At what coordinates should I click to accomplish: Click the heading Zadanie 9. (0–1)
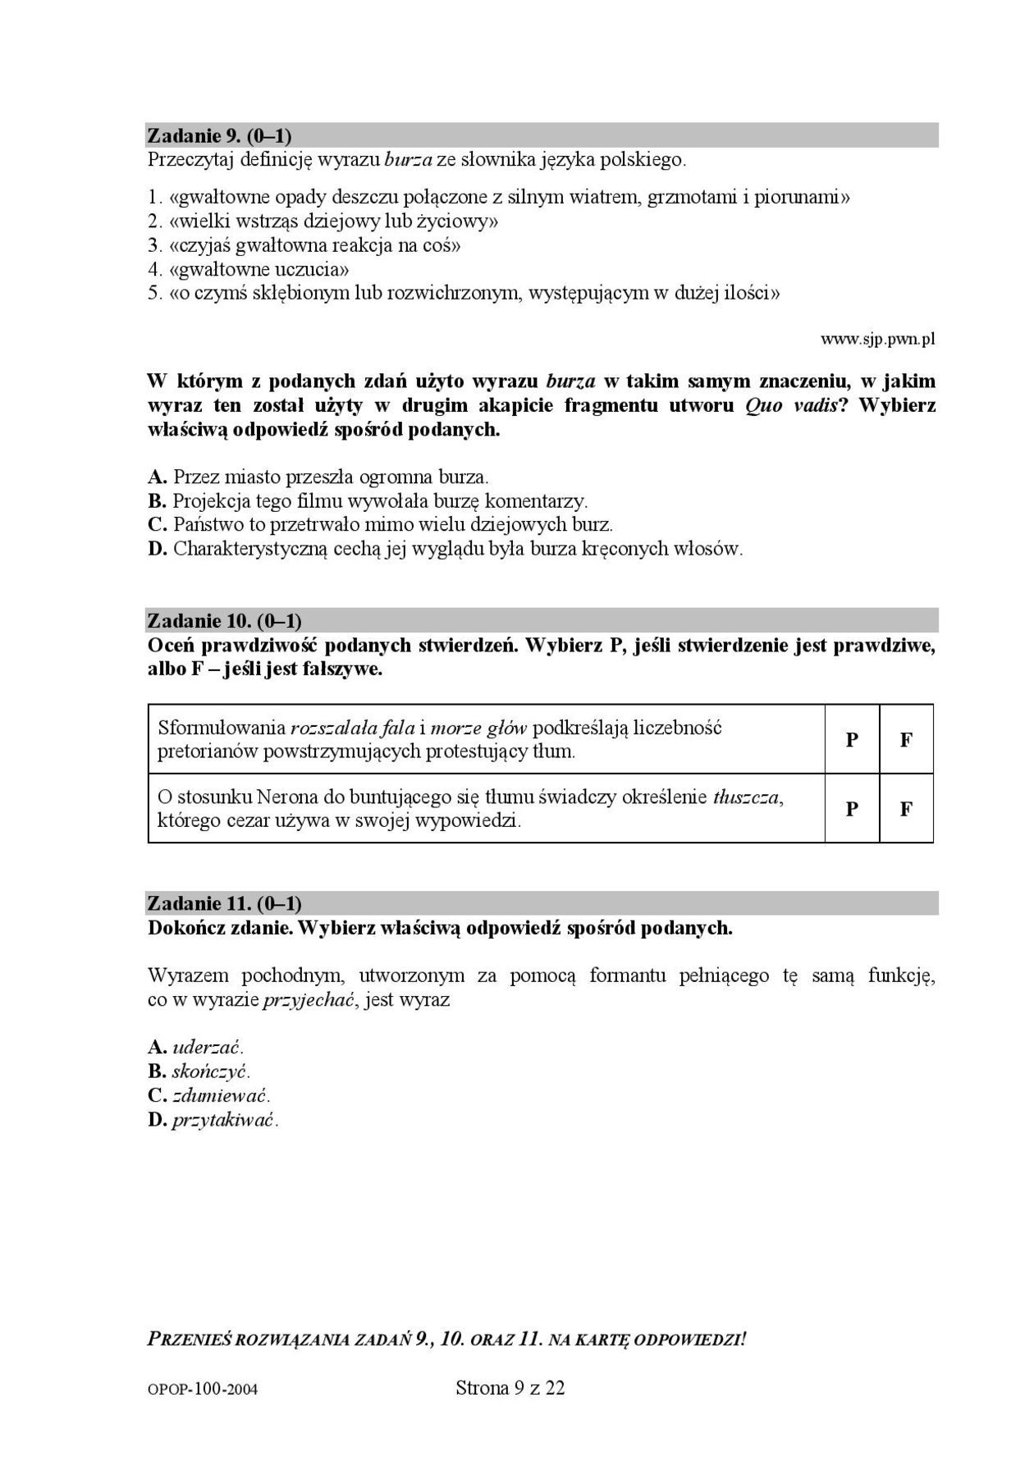[x=219, y=135]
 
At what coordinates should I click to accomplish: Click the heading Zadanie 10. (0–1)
[x=224, y=620]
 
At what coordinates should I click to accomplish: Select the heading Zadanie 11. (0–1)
[x=224, y=903]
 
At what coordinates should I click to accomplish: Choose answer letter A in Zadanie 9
[x=157, y=477]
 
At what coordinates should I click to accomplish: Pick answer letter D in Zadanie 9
[x=157, y=549]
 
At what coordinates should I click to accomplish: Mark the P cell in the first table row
[x=852, y=739]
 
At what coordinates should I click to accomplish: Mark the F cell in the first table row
[x=906, y=739]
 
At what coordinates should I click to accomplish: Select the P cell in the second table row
[x=852, y=809]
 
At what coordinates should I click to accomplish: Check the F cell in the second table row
[x=906, y=809]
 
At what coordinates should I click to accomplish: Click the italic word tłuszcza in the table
[x=747, y=797]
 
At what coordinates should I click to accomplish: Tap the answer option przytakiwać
[x=225, y=1120]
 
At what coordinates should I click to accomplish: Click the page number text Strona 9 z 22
[x=510, y=1387]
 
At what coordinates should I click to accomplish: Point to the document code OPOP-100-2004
[x=204, y=1390]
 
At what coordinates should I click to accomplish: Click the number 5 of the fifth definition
[x=153, y=294]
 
